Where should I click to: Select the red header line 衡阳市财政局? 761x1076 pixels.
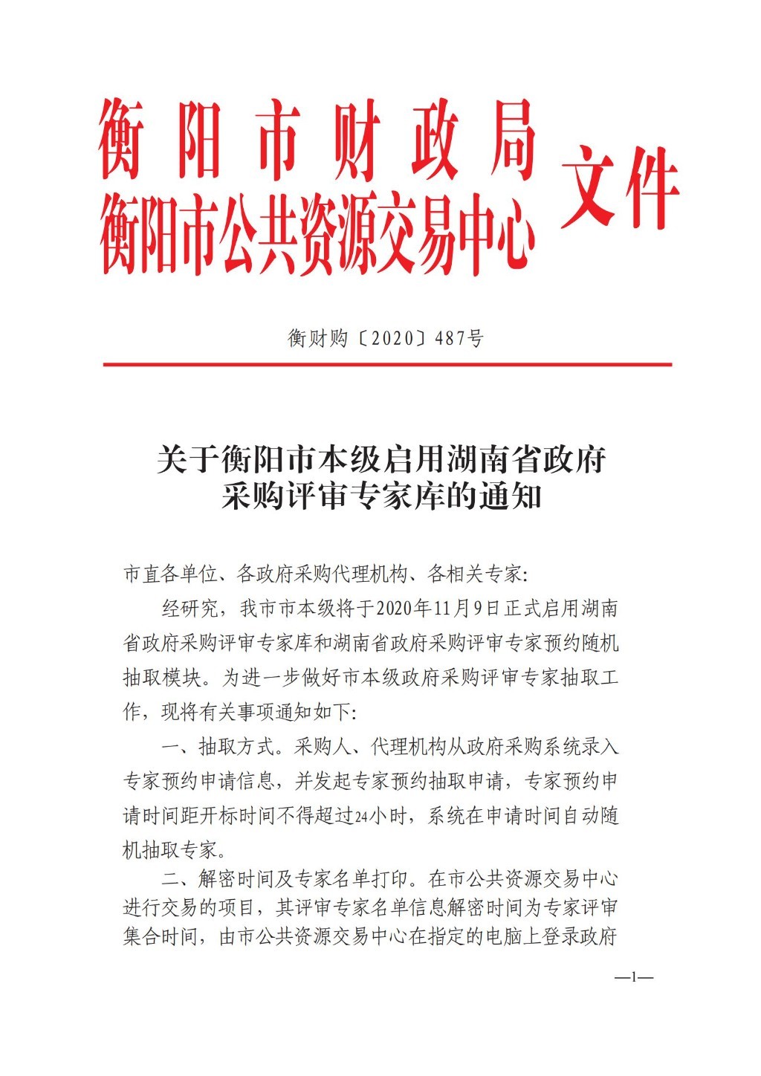(x=317, y=141)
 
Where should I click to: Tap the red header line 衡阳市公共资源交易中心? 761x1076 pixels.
(x=317, y=231)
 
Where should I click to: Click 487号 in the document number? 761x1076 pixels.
(x=459, y=339)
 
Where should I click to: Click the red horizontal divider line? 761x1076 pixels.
(x=387, y=365)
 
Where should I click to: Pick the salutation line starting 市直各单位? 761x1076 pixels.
(x=328, y=574)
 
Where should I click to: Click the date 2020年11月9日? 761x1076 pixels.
(x=438, y=609)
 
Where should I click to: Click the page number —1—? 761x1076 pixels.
(x=633, y=977)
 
